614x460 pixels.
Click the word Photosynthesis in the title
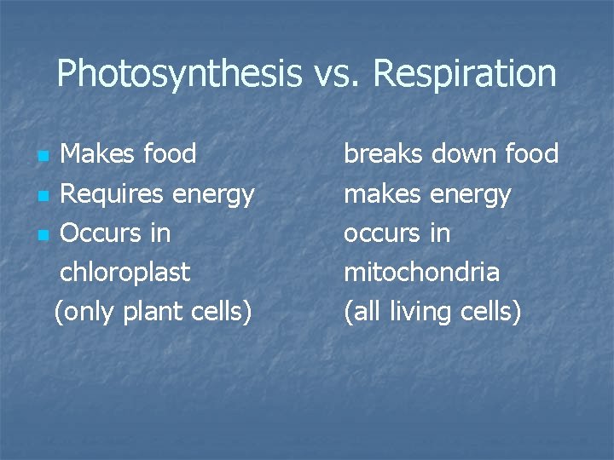click(178, 74)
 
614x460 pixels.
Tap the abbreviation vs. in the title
click(336, 74)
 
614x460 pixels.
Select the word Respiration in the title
click(465, 74)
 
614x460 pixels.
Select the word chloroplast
click(125, 273)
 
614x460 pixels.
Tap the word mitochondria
click(421, 273)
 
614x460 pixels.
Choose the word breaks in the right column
click(383, 154)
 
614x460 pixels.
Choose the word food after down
click(531, 154)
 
